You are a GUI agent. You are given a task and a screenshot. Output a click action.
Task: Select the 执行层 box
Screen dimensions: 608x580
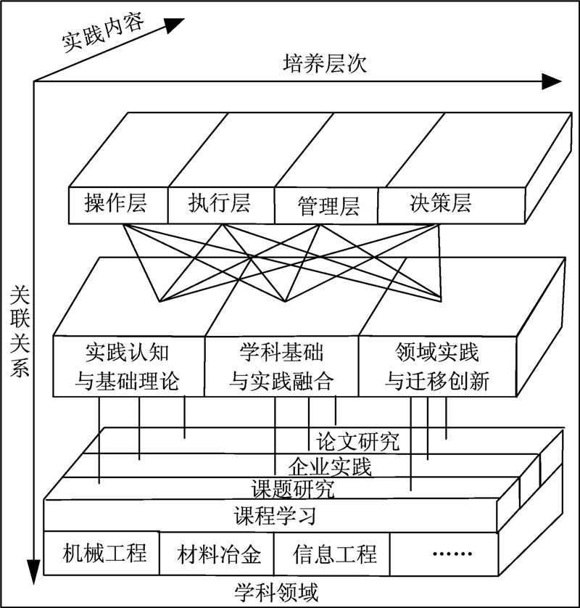click(x=220, y=205)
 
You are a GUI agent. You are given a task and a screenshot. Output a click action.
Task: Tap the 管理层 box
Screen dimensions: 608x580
click(x=327, y=206)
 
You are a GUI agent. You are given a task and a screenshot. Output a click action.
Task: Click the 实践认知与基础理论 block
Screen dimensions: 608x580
click(x=128, y=366)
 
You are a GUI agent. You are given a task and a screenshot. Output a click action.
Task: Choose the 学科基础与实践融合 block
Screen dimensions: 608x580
click(x=282, y=366)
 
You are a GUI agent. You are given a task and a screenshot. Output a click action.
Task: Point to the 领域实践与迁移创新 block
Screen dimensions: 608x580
click(x=437, y=366)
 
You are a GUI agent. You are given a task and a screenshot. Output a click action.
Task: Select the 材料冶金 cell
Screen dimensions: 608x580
click(x=216, y=555)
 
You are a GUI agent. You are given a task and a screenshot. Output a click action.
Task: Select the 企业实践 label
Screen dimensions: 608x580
click(x=330, y=465)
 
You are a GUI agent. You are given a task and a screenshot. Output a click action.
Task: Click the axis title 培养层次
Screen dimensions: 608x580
click(x=325, y=64)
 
